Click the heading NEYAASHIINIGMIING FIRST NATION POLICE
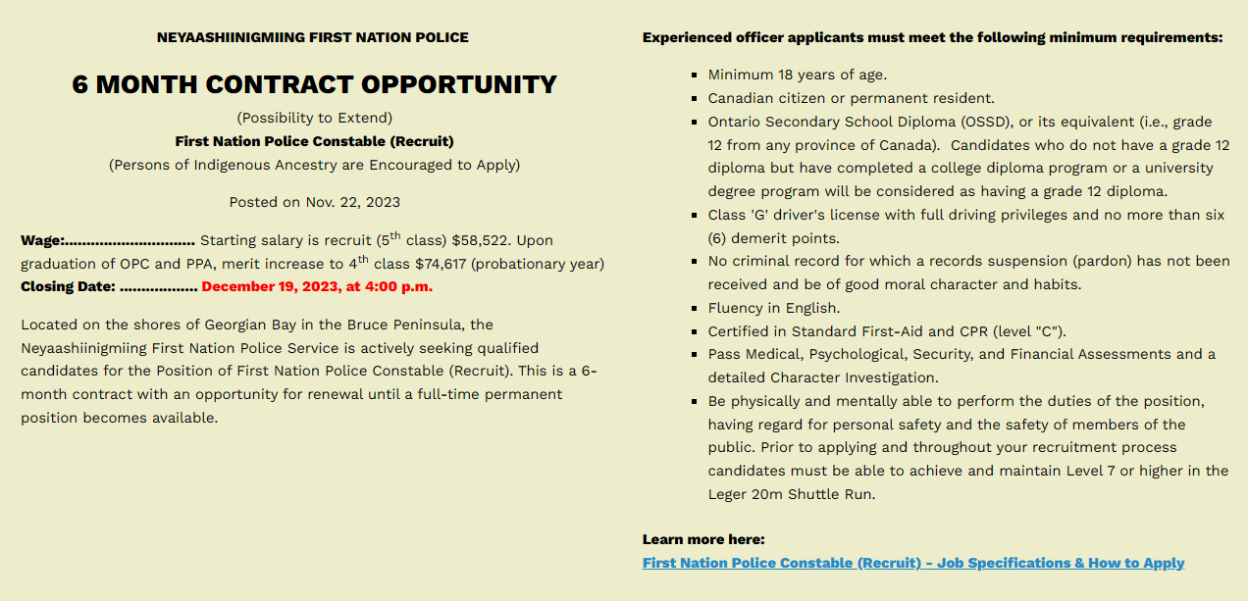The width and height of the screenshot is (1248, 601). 312,37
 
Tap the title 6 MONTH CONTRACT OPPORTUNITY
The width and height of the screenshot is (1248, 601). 314,84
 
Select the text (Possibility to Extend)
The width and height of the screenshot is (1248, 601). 314,118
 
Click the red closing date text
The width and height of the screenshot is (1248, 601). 316,286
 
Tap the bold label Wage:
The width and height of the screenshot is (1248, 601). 42,240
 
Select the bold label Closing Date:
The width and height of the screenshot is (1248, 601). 68,286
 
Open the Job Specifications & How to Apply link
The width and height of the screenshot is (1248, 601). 912,563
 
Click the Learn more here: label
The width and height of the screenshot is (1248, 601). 702,539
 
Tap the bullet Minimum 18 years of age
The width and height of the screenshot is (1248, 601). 797,75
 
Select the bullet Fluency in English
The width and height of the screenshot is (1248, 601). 773,308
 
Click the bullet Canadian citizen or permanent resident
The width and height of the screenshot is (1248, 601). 851,98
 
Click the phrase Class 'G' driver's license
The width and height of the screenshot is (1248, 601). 801,215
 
